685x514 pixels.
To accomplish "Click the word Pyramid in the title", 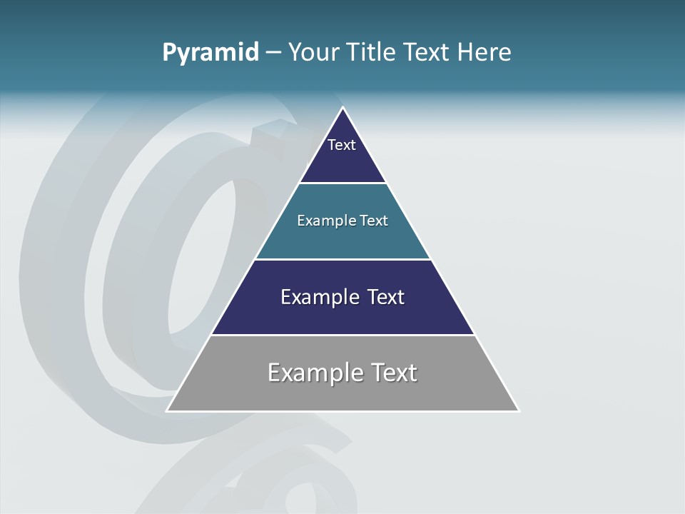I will [x=210, y=53].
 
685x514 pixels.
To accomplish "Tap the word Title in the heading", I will [x=372, y=53].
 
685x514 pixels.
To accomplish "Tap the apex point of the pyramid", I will [x=343, y=109].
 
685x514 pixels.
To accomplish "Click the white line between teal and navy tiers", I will [x=342, y=259].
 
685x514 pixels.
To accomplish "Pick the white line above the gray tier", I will [x=342, y=335].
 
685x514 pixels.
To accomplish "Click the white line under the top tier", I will [x=342, y=183].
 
